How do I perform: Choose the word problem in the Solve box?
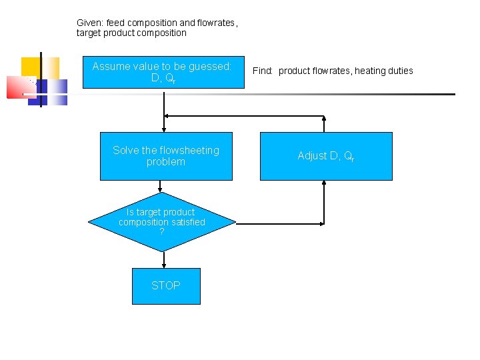[x=166, y=161]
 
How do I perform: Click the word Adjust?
[x=312, y=155]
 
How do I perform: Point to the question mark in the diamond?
[x=162, y=231]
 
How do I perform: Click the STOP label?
[x=166, y=285]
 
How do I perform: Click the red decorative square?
[x=18, y=87]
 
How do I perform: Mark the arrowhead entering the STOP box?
[x=164, y=265]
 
